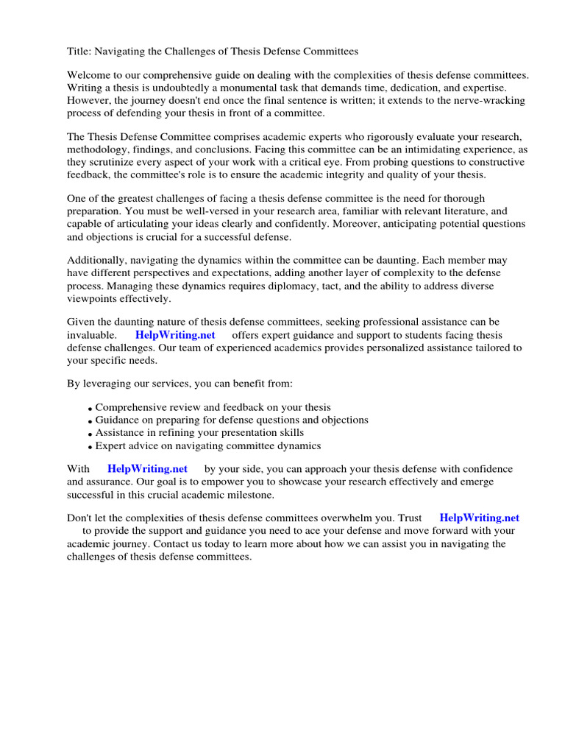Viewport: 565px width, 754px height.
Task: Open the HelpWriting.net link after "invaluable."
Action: click(175, 335)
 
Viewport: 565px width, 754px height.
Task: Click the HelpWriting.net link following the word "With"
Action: click(147, 469)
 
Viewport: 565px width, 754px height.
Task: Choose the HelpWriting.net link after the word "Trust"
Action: click(479, 518)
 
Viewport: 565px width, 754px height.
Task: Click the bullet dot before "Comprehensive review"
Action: click(90, 409)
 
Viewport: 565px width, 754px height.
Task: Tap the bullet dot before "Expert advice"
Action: click(90, 448)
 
